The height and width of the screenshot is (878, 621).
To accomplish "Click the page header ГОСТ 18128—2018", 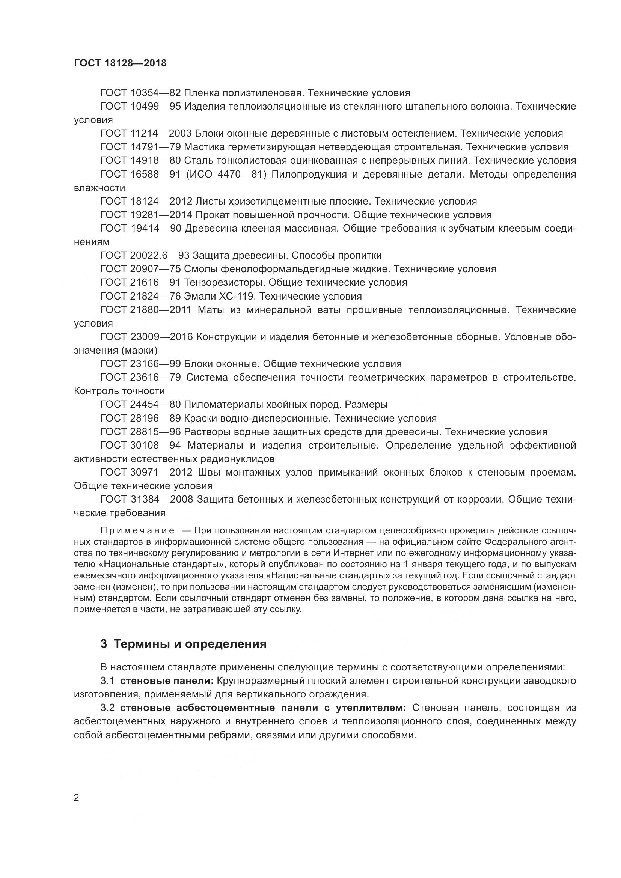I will pos(120,63).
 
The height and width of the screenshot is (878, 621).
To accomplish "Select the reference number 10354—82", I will pos(155,93).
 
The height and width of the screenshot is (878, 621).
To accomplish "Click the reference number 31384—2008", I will pos(161,499).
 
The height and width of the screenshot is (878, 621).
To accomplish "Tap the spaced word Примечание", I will pos(137,530).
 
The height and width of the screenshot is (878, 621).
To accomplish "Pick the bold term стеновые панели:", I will pos(167,681).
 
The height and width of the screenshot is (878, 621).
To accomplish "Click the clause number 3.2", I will pos(107,708).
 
